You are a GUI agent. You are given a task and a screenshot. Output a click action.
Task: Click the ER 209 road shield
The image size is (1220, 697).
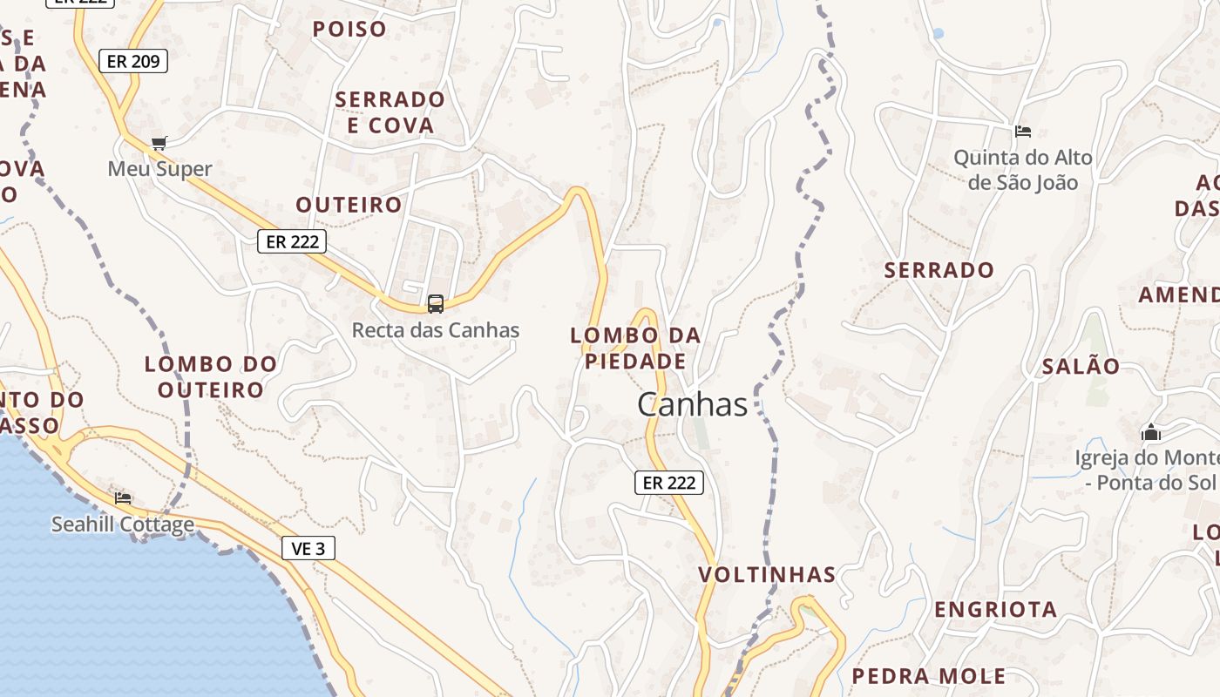tap(132, 61)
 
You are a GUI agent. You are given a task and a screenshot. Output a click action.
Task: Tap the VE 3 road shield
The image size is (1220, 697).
tap(308, 548)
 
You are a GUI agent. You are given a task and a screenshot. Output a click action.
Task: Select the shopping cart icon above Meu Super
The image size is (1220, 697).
tap(159, 143)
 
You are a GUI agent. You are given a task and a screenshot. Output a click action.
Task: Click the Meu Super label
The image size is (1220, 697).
tap(159, 168)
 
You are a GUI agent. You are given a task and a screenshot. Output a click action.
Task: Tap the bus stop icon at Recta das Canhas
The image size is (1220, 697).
tap(436, 304)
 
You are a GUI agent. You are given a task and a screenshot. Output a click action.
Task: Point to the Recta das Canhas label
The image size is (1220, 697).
tap(436, 330)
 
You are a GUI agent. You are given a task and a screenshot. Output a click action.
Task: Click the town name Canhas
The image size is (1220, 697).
tap(692, 404)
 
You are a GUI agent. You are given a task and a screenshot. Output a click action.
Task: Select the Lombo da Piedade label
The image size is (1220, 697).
tap(635, 348)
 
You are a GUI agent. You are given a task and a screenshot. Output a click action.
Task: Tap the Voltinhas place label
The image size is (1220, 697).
tap(767, 575)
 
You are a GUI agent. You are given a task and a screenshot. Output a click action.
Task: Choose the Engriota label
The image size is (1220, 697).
tap(996, 610)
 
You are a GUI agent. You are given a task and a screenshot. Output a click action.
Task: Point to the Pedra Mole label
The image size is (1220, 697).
tap(928, 676)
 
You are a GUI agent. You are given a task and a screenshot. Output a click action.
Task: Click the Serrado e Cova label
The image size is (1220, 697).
tap(390, 112)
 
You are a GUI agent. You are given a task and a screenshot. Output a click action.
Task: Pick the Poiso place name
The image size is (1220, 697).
tap(349, 29)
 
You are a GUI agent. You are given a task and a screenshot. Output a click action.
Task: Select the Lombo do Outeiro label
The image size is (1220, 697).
tap(211, 376)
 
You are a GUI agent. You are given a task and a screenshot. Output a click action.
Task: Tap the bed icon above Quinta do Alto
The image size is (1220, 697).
tap(1023, 132)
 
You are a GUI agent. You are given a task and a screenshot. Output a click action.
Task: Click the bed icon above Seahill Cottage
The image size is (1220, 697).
tap(123, 497)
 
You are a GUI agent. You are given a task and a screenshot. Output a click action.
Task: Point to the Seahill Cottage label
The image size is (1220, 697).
tap(123, 524)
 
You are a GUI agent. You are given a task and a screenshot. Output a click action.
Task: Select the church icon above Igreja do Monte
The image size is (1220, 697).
tap(1151, 432)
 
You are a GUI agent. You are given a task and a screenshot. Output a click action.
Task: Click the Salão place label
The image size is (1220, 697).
tap(1081, 367)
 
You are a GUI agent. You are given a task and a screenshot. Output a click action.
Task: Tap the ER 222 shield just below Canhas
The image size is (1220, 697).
tap(668, 482)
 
